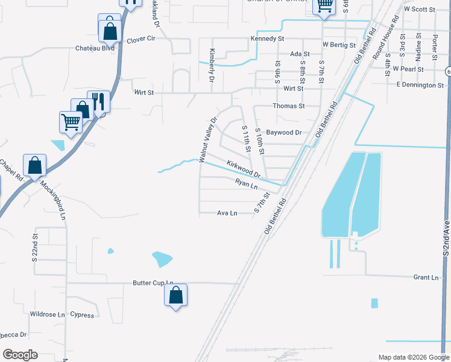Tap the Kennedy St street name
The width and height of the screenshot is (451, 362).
pyautogui.click(x=267, y=39)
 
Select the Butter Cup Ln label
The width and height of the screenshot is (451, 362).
pyautogui.click(x=153, y=283)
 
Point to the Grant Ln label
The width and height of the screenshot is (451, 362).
pyautogui.click(x=426, y=278)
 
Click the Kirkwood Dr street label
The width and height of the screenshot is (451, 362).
pyautogui.click(x=243, y=169)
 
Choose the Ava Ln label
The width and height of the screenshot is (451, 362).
pyautogui.click(x=227, y=213)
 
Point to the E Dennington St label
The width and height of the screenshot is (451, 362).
pyautogui.click(x=420, y=86)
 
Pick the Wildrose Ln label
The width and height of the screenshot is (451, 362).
pyautogui.click(x=47, y=315)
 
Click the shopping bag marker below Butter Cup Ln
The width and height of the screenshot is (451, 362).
pyautogui.click(x=175, y=295)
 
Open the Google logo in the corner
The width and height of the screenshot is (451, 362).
pyautogui.click(x=19, y=355)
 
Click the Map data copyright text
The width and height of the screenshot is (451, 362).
pyautogui.click(x=414, y=357)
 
